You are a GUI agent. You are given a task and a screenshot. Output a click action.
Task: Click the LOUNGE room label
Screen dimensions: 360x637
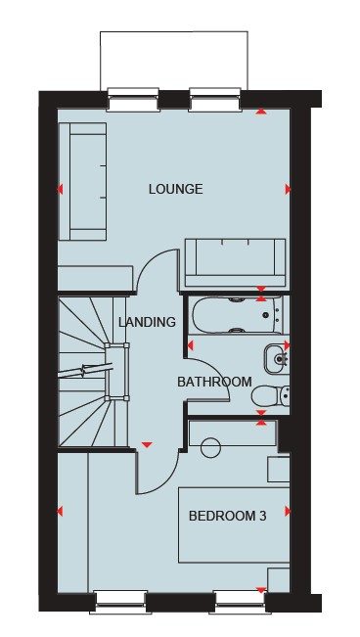coord(175,189)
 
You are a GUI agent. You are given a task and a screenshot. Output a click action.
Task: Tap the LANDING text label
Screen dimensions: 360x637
coord(147,322)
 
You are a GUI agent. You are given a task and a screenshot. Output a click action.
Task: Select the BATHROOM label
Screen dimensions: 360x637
coord(214,382)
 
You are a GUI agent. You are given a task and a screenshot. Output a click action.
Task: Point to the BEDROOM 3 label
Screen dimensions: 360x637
coord(228,516)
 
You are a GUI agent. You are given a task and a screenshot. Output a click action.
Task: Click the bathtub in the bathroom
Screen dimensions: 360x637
coord(238,315)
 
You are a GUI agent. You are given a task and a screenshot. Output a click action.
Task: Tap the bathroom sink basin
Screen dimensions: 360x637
coord(278,359)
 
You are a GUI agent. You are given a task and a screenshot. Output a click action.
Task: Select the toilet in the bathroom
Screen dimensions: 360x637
coord(271,396)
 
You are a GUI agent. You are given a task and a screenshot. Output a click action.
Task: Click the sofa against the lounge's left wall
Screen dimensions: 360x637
coord(83,181)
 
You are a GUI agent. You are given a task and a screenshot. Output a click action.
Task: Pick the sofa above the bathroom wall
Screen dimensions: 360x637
coord(235,263)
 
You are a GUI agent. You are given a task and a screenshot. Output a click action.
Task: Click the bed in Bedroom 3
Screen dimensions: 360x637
coord(234,524)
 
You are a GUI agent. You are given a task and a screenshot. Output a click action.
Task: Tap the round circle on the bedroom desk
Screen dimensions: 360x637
coord(211,448)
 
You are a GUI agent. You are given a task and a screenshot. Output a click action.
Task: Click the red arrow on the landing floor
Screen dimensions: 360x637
coord(147,445)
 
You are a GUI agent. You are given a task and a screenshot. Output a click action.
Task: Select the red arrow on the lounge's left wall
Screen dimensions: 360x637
coord(60,189)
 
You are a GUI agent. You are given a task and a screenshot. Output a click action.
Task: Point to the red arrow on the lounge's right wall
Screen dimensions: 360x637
coord(288,189)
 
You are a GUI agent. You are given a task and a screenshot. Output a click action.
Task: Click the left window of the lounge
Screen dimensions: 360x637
coord(133,100)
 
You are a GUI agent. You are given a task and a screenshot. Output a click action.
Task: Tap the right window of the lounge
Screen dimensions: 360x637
coord(215,100)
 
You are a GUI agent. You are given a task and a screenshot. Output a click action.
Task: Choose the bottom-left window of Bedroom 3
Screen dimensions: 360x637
coord(120,602)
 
